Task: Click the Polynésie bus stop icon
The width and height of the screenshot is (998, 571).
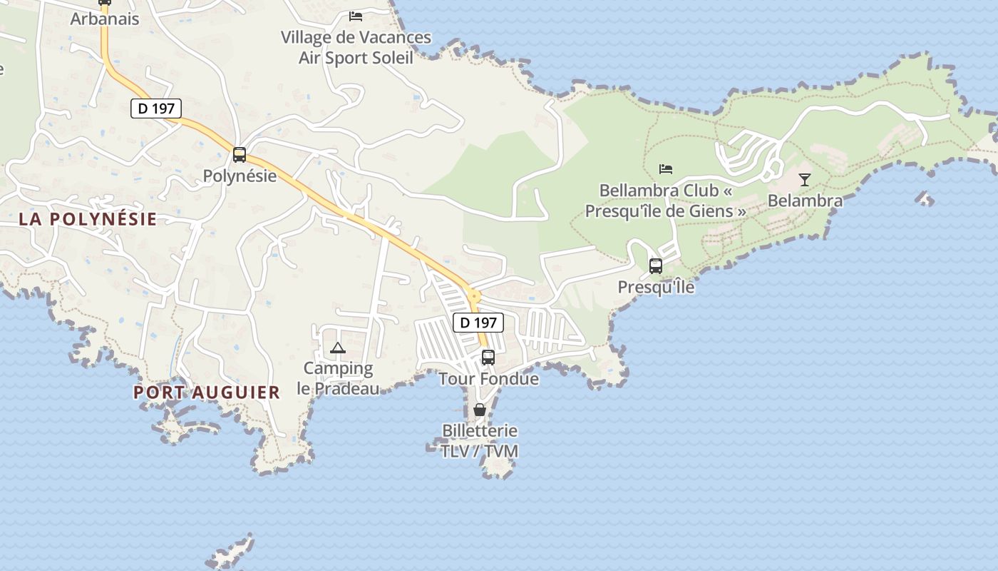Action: [240, 155]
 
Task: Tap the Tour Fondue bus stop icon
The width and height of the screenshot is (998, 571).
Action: [488, 357]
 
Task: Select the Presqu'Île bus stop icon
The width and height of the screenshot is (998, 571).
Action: [656, 266]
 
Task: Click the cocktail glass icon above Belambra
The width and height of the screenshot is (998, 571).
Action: [805, 180]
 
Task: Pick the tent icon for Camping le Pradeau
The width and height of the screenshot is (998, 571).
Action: [338, 348]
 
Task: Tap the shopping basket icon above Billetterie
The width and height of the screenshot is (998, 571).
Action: [480, 410]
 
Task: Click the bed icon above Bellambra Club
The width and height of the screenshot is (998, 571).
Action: [666, 169]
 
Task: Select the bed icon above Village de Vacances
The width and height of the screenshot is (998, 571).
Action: [356, 16]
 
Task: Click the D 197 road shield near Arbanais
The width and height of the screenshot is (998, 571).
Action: [156, 108]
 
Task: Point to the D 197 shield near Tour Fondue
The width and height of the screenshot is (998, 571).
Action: [478, 323]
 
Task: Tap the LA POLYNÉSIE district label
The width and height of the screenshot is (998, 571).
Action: [88, 219]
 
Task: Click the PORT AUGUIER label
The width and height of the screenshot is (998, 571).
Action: [207, 392]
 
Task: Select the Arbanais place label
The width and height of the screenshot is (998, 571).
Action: [105, 19]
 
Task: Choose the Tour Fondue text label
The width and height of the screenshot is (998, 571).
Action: [488, 378]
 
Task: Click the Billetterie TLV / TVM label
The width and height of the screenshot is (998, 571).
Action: [480, 441]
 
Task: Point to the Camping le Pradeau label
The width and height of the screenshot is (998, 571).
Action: [339, 378]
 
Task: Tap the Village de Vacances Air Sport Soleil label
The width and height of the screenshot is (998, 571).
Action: [356, 47]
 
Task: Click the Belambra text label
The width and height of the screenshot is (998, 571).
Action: [805, 201]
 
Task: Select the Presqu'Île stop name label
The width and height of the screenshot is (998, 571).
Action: [656, 287]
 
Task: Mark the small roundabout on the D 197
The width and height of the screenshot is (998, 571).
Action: [473, 295]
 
